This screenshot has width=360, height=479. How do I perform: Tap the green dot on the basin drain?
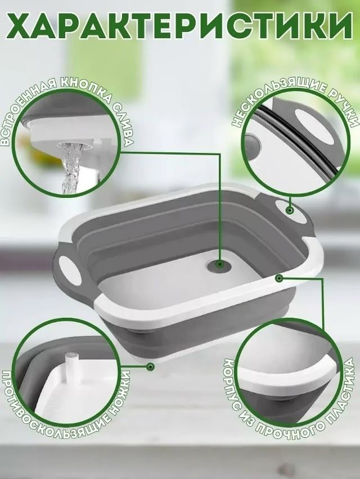(219, 264)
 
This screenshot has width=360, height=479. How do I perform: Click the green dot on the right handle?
(289, 210)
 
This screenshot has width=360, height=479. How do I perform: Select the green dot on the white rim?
(278, 278)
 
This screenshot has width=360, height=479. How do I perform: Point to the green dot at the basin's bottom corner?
(150, 366)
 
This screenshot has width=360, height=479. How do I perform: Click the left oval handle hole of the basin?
(68, 269)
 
